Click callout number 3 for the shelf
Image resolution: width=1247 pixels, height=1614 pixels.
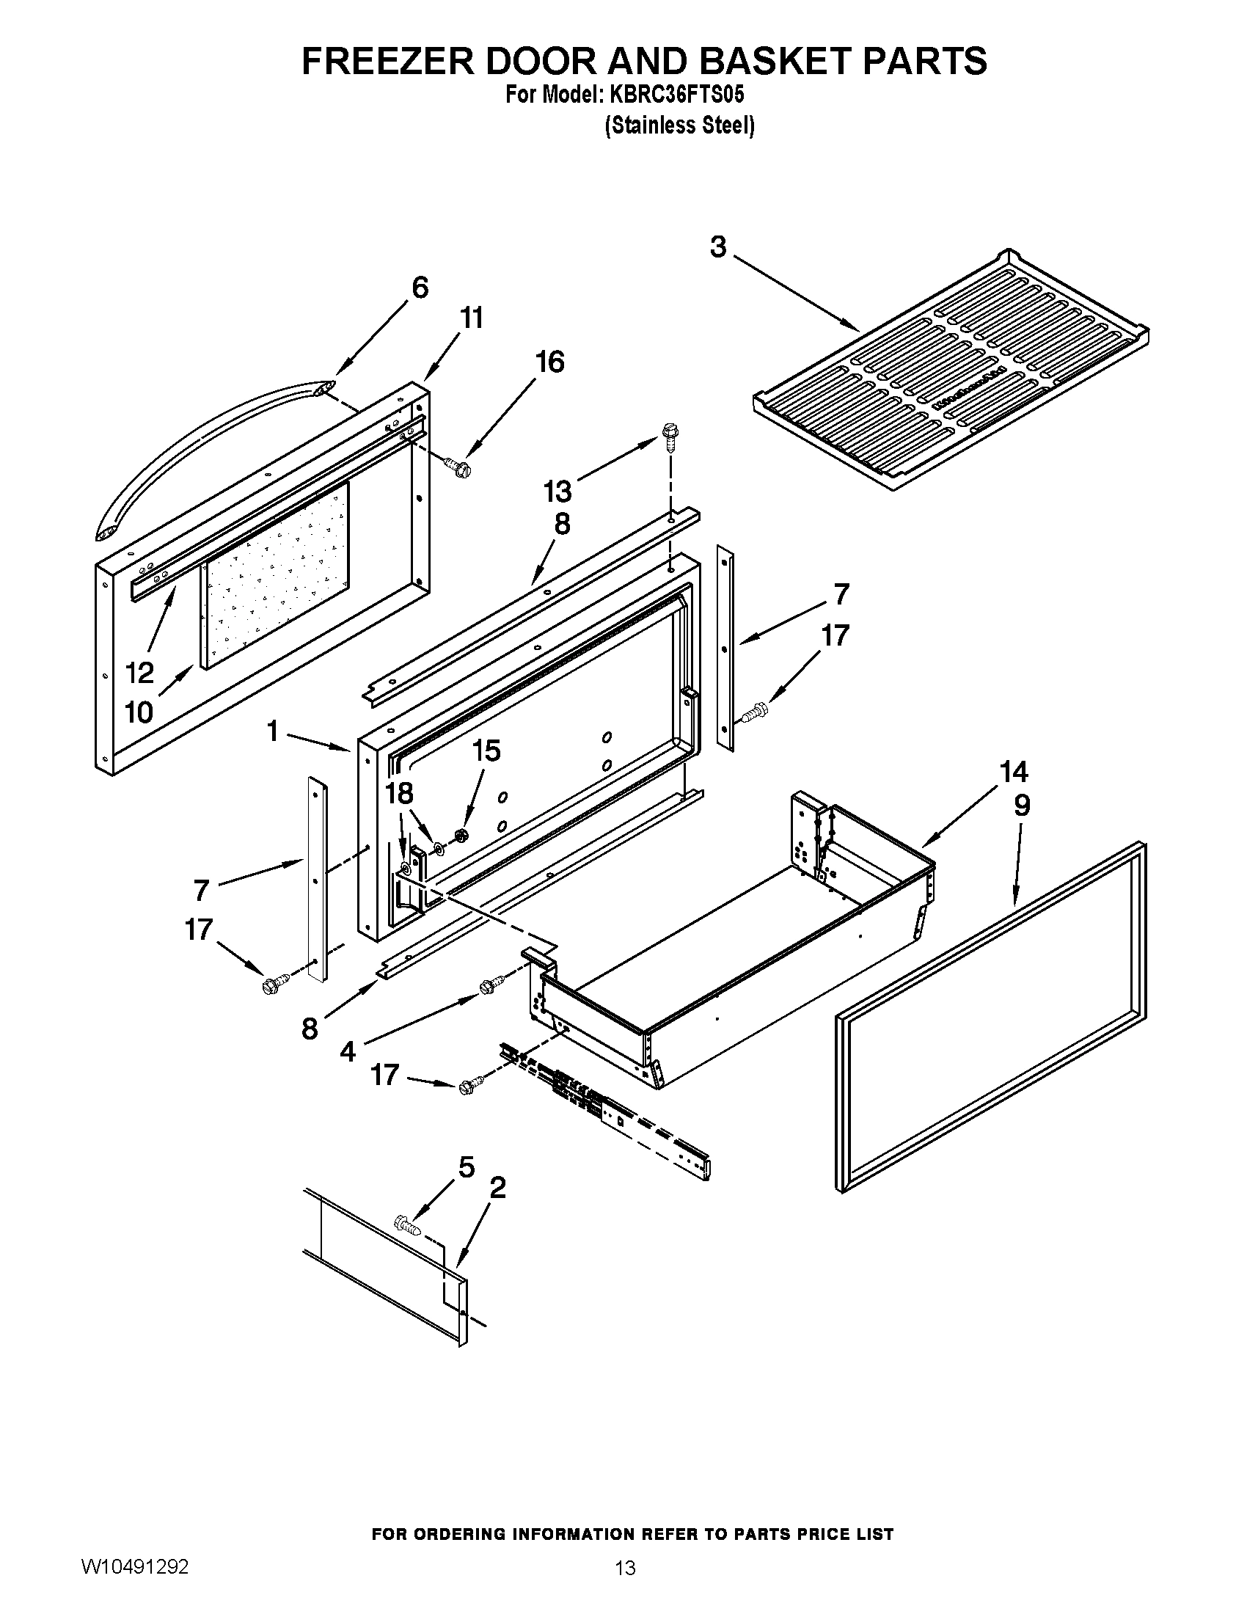tap(718, 247)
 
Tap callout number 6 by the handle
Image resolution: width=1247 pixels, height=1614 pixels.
tap(420, 288)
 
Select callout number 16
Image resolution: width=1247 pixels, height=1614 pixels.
tap(549, 362)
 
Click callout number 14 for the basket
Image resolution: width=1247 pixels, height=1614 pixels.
tap(1014, 773)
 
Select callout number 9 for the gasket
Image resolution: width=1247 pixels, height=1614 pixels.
tap(1021, 806)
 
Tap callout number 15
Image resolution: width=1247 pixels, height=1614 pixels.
tap(486, 751)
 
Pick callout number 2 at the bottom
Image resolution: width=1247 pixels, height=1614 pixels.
tap(498, 1188)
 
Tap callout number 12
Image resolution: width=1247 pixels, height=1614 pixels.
tap(139, 673)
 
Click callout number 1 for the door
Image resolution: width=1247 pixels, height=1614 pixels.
tap(273, 731)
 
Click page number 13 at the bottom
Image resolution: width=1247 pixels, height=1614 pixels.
tap(624, 1565)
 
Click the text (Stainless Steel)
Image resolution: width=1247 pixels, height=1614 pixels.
tap(680, 126)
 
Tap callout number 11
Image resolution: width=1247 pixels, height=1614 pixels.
tap(472, 318)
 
